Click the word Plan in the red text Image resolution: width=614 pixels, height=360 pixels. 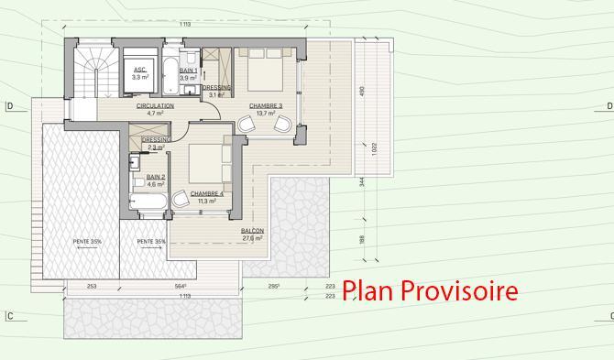point(367,291)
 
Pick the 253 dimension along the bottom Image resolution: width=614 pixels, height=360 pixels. point(92,286)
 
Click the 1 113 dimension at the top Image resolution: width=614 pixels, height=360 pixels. point(185,23)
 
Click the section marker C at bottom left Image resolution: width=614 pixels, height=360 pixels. point(8,317)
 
